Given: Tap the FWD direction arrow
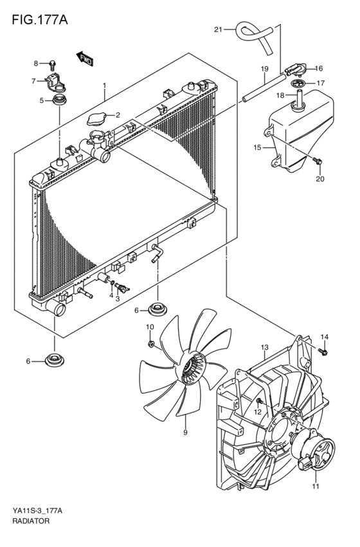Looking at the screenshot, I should pyautogui.click(x=85, y=58).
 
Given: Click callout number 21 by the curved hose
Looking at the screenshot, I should pyautogui.click(x=218, y=30).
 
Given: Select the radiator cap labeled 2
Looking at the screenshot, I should pyautogui.click(x=96, y=119).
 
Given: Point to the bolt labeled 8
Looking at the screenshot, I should pyautogui.click(x=53, y=63).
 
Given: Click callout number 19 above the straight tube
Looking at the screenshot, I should pyautogui.click(x=264, y=69).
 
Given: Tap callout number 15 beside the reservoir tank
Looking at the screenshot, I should pyautogui.click(x=257, y=147).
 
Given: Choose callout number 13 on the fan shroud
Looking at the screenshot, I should pyautogui.click(x=264, y=348).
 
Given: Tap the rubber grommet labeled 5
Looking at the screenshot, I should pyautogui.click(x=59, y=100).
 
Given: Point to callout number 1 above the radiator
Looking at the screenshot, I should pyautogui.click(x=104, y=86).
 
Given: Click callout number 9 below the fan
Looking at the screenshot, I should pyautogui.click(x=184, y=432).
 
